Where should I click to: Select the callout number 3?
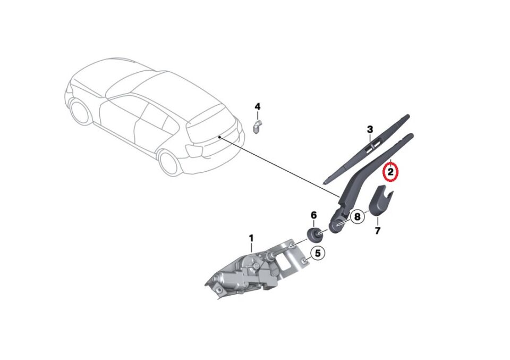point(370,129)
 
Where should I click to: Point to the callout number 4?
point(258,107)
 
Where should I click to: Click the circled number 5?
point(318,254)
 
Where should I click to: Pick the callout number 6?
point(313,215)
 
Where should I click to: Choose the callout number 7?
point(378,231)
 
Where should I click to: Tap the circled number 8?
point(357,216)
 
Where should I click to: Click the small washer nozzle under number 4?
point(257,127)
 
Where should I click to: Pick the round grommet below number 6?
point(313,233)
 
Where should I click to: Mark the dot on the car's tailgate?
point(219,137)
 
